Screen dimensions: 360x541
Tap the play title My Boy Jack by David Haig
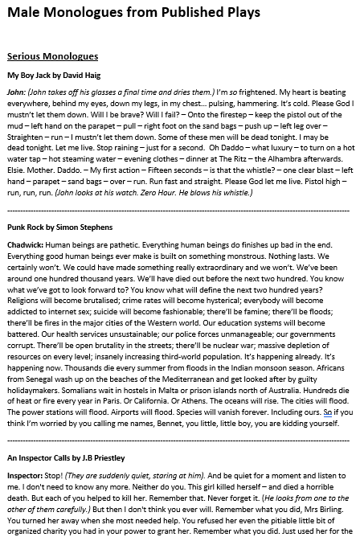[x=53, y=75]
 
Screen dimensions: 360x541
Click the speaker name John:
[x=16, y=92]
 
